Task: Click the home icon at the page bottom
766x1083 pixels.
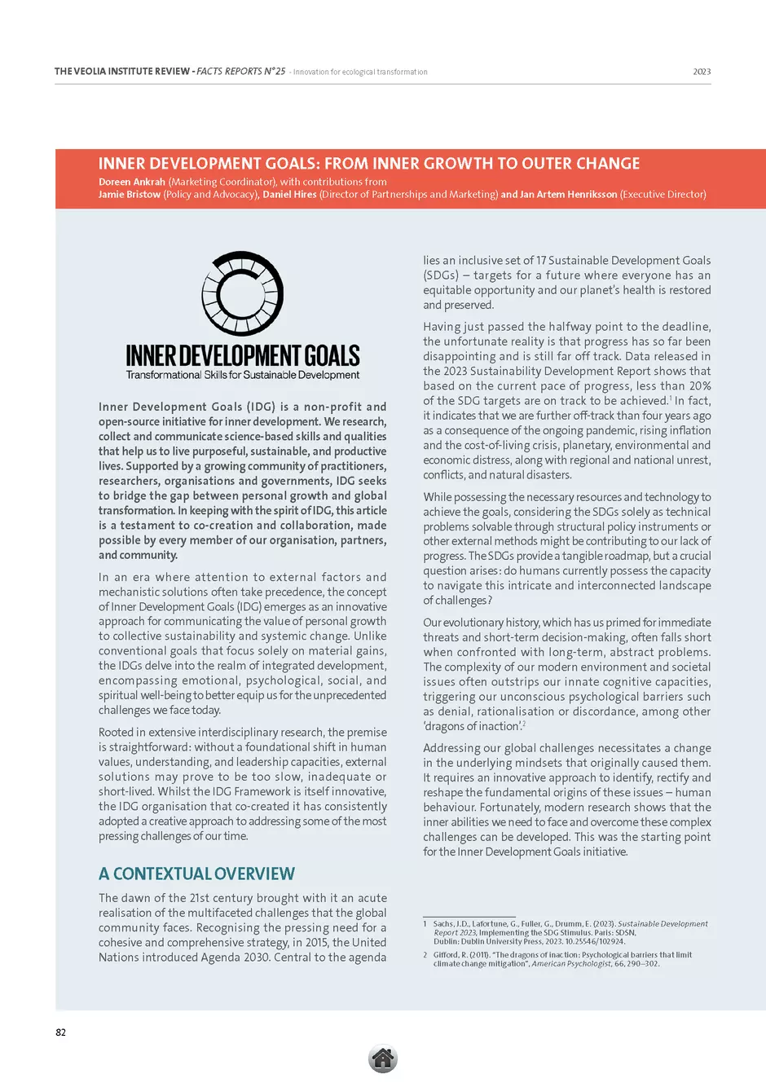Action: tap(382, 1059)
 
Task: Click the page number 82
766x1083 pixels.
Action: tap(60, 1032)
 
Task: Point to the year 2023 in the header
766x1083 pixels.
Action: tap(702, 72)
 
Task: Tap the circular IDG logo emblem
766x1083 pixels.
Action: tap(242, 293)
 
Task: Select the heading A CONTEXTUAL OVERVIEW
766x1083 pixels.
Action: tap(196, 874)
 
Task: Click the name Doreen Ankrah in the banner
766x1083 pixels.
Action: tap(132, 182)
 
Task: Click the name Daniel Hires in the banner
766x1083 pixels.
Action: tap(289, 195)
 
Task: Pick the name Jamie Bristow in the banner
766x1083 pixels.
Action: tap(130, 195)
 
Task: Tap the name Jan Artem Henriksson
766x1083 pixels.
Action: tap(568, 195)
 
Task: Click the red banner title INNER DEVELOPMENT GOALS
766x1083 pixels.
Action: tap(369, 164)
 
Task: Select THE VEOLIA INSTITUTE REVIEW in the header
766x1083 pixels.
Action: tap(122, 72)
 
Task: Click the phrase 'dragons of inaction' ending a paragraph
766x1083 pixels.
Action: tap(472, 727)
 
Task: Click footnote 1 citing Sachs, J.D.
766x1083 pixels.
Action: tap(566, 932)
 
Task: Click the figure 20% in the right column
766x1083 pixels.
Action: tap(699, 386)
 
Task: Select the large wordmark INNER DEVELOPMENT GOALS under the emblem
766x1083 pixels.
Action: tap(242, 356)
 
